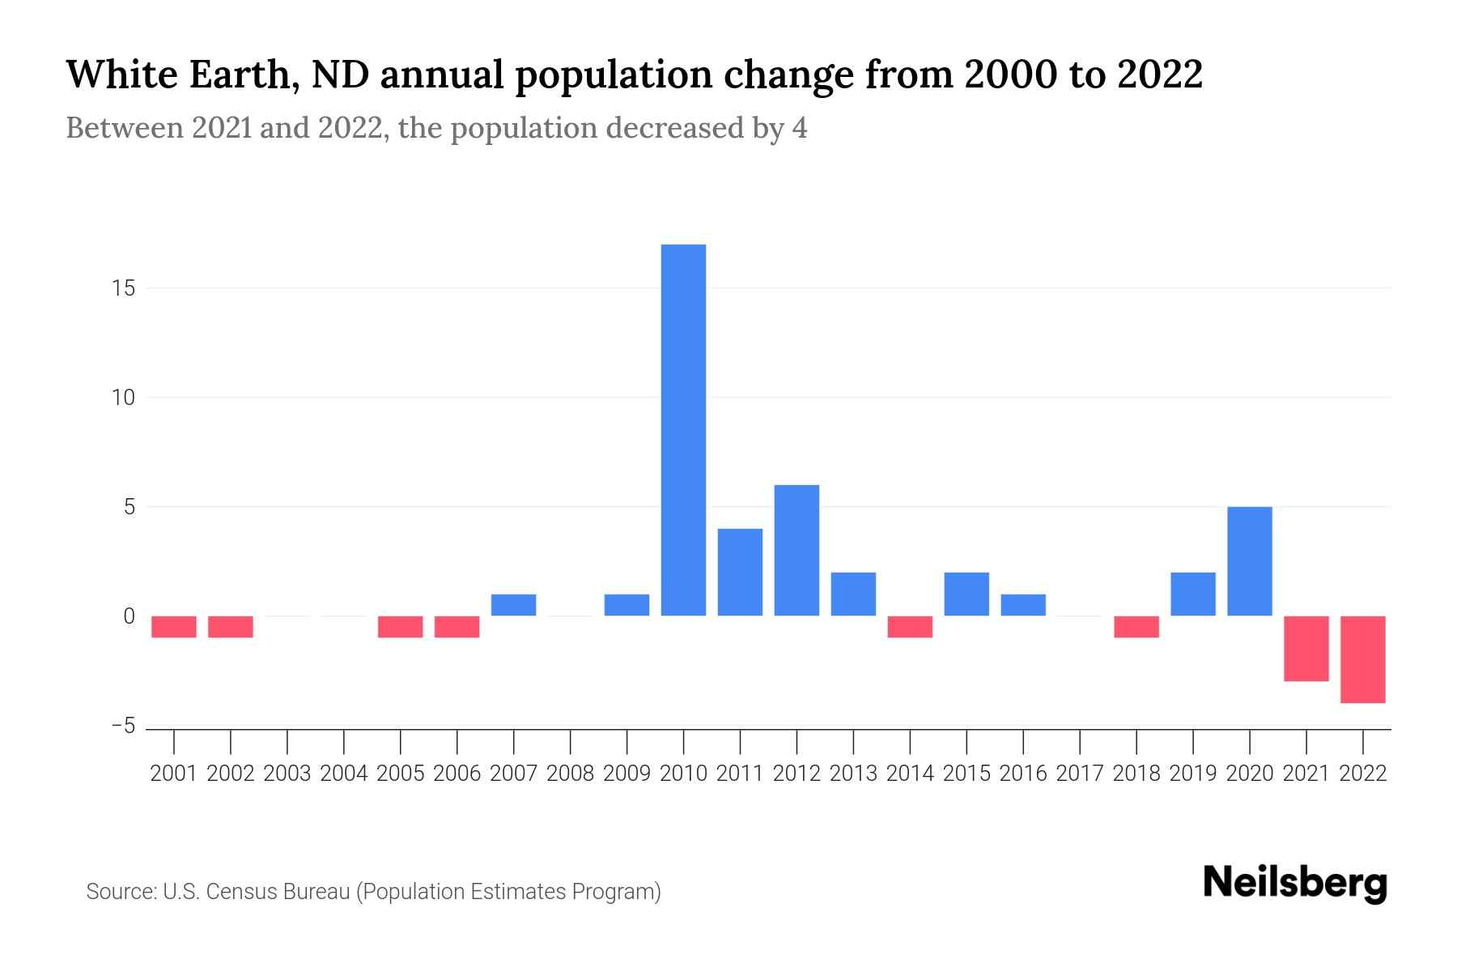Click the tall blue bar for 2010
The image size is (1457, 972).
[683, 429]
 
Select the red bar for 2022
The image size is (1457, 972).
[1362, 659]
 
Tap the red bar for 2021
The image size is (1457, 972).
[1306, 648]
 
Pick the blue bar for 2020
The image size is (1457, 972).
[1249, 561]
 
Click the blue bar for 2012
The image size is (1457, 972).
[796, 550]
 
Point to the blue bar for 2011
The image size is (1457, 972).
[740, 572]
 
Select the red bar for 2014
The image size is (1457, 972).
[910, 627]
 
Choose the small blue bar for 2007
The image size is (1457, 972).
[513, 605]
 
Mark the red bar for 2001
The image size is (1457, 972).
[174, 627]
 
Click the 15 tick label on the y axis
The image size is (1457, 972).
[123, 288]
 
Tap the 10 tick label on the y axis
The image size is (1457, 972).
[123, 398]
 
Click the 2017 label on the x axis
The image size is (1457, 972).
[1080, 774]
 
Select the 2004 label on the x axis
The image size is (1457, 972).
[344, 774]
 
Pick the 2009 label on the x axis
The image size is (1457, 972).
[627, 774]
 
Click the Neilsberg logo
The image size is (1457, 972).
[1294, 884]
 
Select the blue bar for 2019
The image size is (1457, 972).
[1192, 594]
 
